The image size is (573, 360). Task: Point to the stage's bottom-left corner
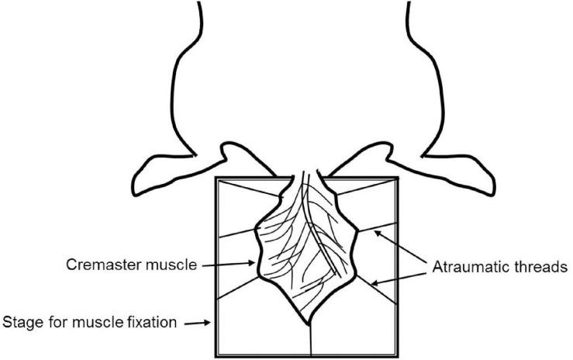tap(214, 355)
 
